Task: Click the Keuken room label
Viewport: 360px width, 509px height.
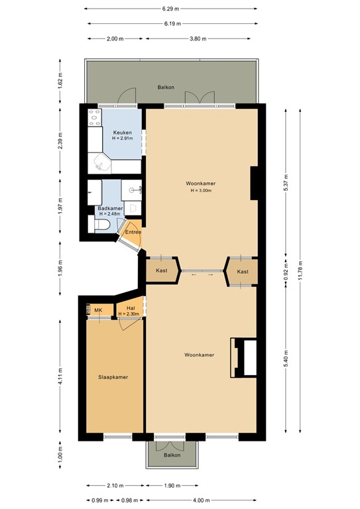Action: pos(122,132)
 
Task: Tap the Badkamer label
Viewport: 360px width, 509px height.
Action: pos(110,208)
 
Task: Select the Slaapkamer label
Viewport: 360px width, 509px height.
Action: pos(109,377)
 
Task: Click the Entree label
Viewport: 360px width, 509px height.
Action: pos(133,232)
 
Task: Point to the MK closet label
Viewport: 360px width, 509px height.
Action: pos(98,310)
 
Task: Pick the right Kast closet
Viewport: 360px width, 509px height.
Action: pos(243,272)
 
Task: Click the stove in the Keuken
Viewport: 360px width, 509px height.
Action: pos(94,120)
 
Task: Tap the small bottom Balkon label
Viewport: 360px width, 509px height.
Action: pos(172,455)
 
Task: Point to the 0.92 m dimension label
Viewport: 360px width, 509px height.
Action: pos(286,271)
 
